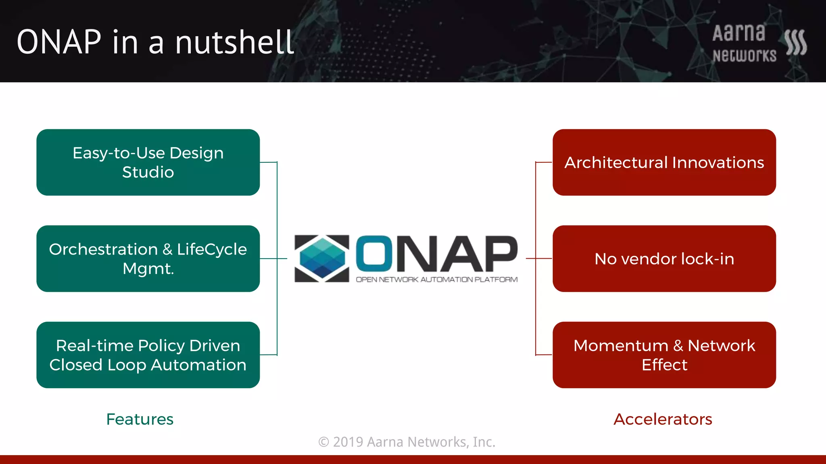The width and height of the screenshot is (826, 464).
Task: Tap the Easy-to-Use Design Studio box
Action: [x=148, y=162]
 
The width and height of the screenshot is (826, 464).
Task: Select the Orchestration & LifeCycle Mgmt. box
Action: [x=148, y=259]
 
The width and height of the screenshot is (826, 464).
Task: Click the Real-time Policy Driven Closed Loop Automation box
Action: [x=148, y=355]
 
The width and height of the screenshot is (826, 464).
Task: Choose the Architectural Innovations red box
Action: [x=664, y=162]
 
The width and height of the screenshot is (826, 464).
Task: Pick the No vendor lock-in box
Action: [x=664, y=259]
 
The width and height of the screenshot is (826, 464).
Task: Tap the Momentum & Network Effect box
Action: [x=664, y=355]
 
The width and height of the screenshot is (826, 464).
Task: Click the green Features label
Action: [x=140, y=419]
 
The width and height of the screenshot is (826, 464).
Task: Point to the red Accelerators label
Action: [x=663, y=419]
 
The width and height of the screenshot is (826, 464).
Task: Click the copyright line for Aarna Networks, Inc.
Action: [x=407, y=442]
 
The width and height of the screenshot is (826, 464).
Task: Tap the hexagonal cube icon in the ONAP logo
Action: [x=322, y=258]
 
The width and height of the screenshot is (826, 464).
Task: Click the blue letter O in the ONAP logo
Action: [x=374, y=253]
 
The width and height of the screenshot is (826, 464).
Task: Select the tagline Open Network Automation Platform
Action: [x=436, y=280]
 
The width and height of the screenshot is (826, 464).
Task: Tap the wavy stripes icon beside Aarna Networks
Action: [x=795, y=42]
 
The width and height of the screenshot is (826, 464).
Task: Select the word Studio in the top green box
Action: [x=148, y=172]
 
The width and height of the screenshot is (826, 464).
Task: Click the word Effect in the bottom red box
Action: [x=664, y=365]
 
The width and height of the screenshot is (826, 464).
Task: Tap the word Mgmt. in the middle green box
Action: [x=148, y=269]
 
